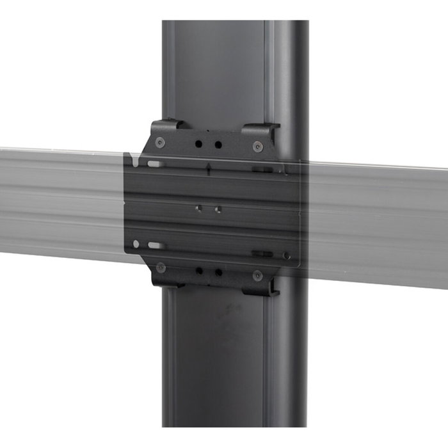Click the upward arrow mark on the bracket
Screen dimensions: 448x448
pos(210,168)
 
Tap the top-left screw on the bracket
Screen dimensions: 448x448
pos(160,142)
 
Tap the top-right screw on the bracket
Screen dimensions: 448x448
pos(257,146)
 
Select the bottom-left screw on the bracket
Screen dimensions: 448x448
pos(161,268)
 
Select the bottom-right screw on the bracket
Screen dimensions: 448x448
pos(257,275)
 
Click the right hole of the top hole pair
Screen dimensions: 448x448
pos(218,145)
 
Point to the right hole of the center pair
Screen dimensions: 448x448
pos(218,209)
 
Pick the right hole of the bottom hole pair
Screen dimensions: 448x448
pos(218,272)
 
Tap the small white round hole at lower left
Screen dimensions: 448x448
pos(136,244)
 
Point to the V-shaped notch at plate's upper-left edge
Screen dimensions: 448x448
pos(131,157)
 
